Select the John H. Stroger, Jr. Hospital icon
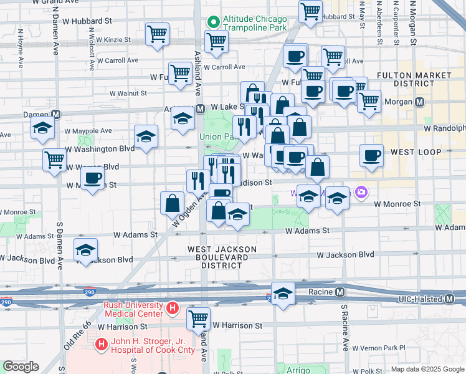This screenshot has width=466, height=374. pos(100,344)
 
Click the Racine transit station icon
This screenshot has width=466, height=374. pos(340,292)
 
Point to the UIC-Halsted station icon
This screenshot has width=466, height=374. pos(449,300)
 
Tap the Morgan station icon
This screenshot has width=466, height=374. pos(420,102)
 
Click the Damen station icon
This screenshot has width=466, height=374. pos(55,115)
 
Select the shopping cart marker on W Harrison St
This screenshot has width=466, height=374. pos(199,318)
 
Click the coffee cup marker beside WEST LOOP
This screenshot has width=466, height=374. pos(372,155)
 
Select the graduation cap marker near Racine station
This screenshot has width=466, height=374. pos(283,295)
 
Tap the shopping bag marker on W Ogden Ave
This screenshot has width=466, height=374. pos(172,203)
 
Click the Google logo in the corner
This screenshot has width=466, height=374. pos(21,366)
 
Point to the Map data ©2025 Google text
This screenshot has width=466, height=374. pos(427,369)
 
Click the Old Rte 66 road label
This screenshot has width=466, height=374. pos(76,334)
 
